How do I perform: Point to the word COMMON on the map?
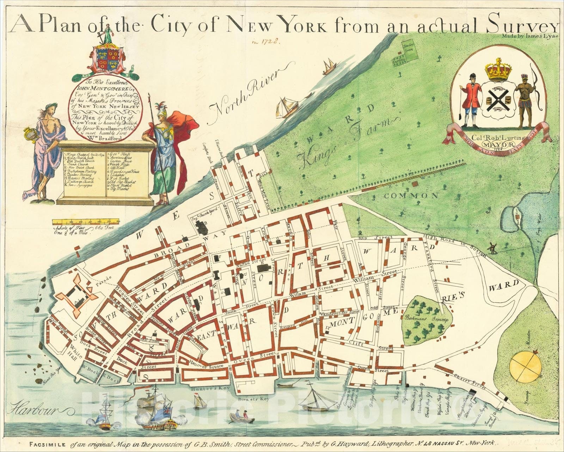[411, 196]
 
